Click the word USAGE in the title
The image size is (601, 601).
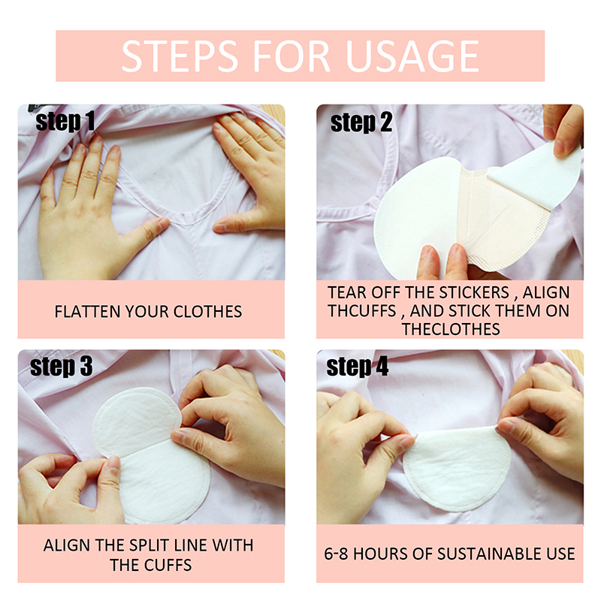[412, 56]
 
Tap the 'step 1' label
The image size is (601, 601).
[65, 122]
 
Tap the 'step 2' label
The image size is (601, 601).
[361, 122]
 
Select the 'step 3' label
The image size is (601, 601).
[62, 367]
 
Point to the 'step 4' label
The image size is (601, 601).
[358, 367]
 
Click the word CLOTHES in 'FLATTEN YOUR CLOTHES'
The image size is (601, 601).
[208, 312]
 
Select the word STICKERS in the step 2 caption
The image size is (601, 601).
[474, 292]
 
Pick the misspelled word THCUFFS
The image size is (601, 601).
[362, 311]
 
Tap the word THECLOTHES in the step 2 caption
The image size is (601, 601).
[451, 329]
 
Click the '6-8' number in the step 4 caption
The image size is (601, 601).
[336, 554]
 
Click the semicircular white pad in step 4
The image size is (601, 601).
[457, 470]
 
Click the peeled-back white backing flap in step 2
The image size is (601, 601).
[536, 174]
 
